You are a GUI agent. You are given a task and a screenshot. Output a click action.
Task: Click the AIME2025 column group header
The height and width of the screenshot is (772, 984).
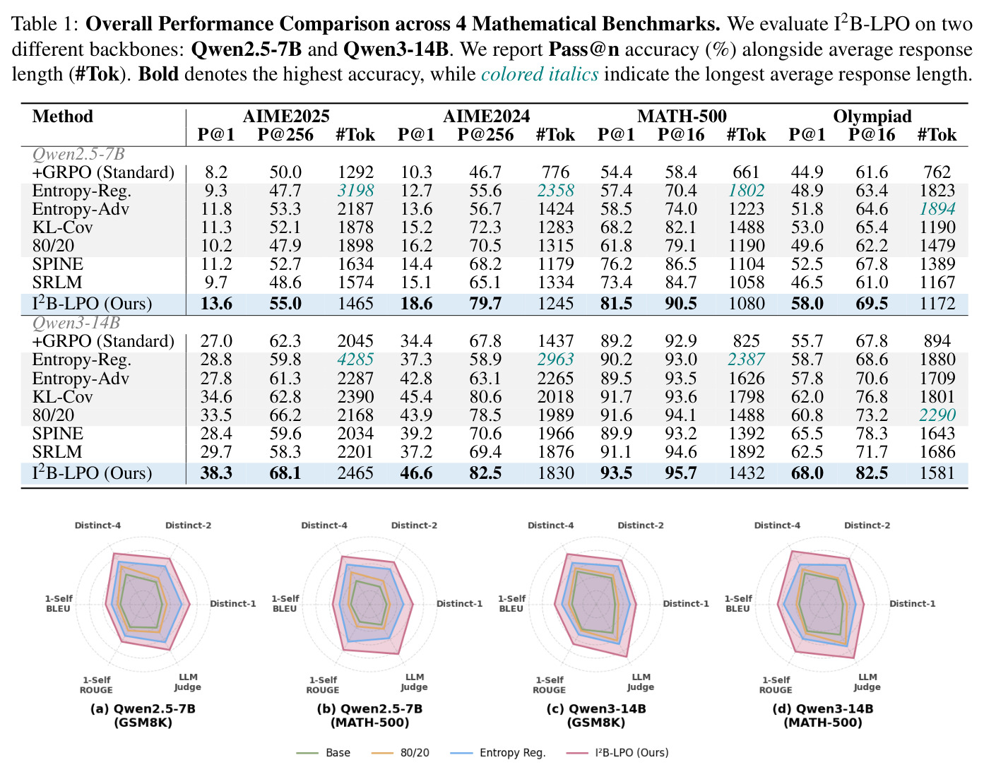click(x=286, y=117)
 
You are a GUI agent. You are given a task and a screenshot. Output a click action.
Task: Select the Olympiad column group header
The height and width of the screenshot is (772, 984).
click(x=872, y=117)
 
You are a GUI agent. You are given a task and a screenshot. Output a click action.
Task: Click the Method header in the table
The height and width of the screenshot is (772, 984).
click(x=62, y=117)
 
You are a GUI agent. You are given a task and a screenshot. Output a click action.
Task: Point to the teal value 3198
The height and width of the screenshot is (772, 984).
click(x=355, y=190)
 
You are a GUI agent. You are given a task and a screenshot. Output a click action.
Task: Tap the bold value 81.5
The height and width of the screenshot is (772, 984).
click(x=616, y=304)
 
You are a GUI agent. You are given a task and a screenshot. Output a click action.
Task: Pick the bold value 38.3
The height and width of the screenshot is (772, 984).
click(x=216, y=473)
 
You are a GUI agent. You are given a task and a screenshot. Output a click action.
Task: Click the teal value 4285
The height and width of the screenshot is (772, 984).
click(x=355, y=359)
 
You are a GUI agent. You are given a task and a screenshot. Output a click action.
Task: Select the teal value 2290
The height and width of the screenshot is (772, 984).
click(x=937, y=415)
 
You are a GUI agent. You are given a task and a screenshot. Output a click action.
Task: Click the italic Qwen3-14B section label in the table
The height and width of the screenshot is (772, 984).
click(x=76, y=322)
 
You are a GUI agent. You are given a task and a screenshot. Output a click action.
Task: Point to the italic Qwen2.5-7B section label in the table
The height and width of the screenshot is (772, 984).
click(x=78, y=154)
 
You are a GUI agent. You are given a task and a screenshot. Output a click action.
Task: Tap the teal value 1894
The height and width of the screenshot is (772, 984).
click(x=937, y=209)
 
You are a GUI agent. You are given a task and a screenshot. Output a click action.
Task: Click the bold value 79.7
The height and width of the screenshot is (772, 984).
click(x=485, y=304)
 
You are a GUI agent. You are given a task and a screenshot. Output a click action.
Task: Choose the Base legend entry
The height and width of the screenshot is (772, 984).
click(x=324, y=752)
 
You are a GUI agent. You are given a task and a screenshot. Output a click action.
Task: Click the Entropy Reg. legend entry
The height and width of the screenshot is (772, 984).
click(x=498, y=752)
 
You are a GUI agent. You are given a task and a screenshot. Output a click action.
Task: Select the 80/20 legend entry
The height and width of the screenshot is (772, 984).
click(x=400, y=752)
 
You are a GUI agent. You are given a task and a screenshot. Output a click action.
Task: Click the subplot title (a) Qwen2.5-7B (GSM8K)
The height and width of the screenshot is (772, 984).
click(x=143, y=715)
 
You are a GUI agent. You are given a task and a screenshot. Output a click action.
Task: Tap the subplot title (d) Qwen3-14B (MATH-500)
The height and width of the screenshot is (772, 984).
click(x=823, y=715)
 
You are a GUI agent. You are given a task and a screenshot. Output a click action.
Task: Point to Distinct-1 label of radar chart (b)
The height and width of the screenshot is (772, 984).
click(x=459, y=604)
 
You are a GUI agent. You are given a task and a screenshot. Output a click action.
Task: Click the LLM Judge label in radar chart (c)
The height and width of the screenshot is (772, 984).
click(x=641, y=682)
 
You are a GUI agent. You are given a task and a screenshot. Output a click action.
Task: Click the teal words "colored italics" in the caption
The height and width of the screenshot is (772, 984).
click(x=540, y=73)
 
